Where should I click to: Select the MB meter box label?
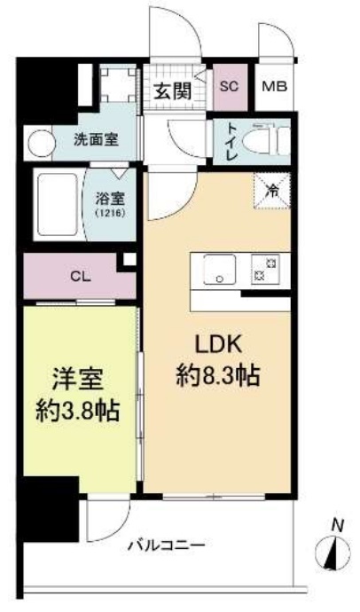pyautogui.click(x=274, y=86)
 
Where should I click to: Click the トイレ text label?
pyautogui.click(x=231, y=141)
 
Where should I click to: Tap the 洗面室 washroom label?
pyautogui.click(x=91, y=140)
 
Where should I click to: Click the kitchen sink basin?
pyautogui.click(x=218, y=268)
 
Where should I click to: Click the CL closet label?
pyautogui.click(x=80, y=275)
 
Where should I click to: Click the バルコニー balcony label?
pyautogui.click(x=165, y=544)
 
